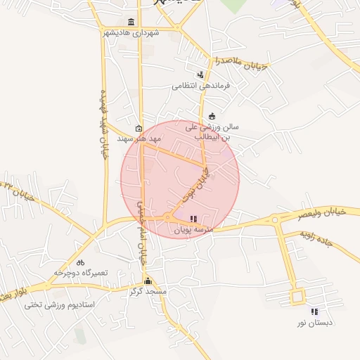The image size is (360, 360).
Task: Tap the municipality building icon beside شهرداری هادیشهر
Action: [131, 22]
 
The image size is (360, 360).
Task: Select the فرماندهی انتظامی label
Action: [200, 86]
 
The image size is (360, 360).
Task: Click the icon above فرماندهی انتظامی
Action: [201, 75]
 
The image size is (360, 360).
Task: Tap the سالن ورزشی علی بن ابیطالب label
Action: [212, 132]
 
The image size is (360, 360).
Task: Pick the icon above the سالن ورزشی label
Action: [212, 116]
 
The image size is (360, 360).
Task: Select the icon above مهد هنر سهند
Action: [139, 129]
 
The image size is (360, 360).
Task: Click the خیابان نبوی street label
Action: [198, 181]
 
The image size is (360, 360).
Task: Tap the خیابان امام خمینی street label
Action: [143, 232]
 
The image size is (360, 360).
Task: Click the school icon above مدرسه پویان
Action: [194, 219]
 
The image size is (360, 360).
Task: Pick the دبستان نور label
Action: [314, 323]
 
